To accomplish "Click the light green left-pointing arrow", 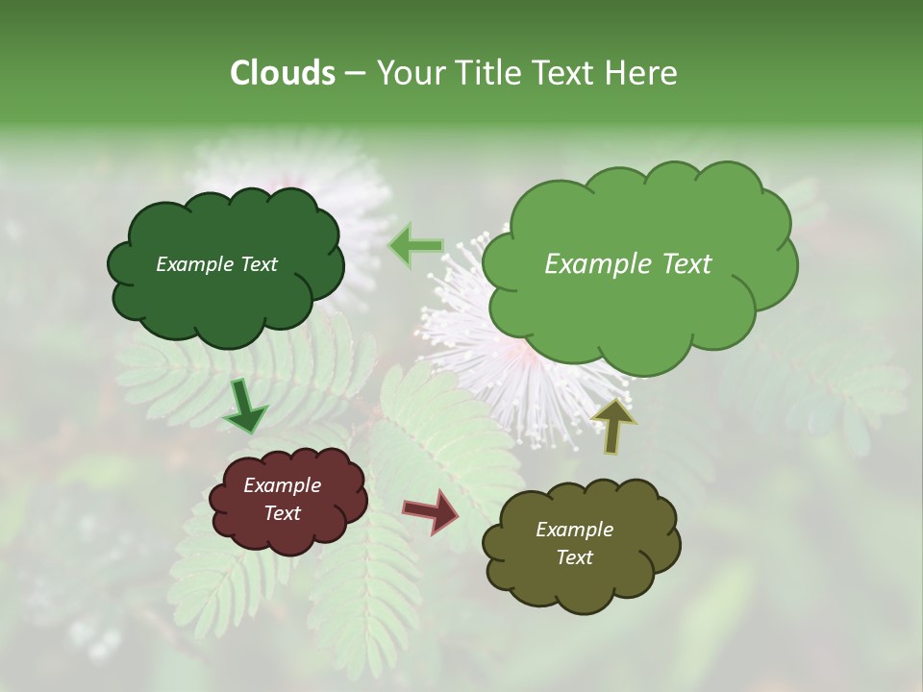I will [415, 246].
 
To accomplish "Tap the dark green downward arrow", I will [245, 407].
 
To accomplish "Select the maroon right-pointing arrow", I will [431, 511].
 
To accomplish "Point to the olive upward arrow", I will [612, 426].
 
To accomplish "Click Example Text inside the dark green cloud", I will [216, 264].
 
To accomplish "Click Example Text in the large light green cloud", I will [628, 264].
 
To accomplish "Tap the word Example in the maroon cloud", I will [282, 485].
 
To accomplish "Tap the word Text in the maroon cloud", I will [282, 513].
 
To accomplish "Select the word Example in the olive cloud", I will [574, 530].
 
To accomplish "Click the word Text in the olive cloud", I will [574, 557].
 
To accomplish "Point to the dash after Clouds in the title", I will [354, 74].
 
